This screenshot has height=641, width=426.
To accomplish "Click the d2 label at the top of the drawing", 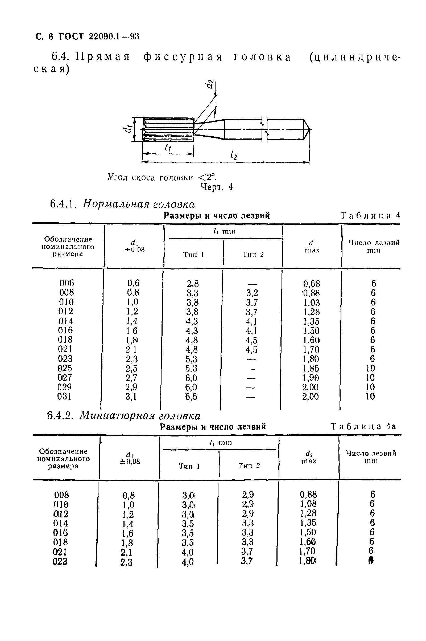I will (209, 84).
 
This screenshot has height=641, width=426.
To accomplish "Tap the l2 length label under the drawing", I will (233, 156).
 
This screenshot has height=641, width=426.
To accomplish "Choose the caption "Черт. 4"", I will (217, 187).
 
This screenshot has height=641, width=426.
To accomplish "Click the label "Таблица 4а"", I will (363, 426).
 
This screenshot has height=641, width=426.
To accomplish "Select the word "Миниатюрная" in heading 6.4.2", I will (117, 416).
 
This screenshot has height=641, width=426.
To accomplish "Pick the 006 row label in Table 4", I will (67, 283).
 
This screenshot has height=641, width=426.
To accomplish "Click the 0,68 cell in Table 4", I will (312, 284).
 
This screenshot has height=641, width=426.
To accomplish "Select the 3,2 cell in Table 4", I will (252, 293).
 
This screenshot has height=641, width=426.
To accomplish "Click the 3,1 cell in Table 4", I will (131, 397).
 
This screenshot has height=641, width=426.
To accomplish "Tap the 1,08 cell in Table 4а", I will (308, 504).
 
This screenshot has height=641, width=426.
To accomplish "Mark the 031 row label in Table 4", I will (64, 396).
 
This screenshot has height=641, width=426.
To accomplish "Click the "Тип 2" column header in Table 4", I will (253, 254).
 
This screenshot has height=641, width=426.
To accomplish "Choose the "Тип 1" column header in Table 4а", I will (189, 466).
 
